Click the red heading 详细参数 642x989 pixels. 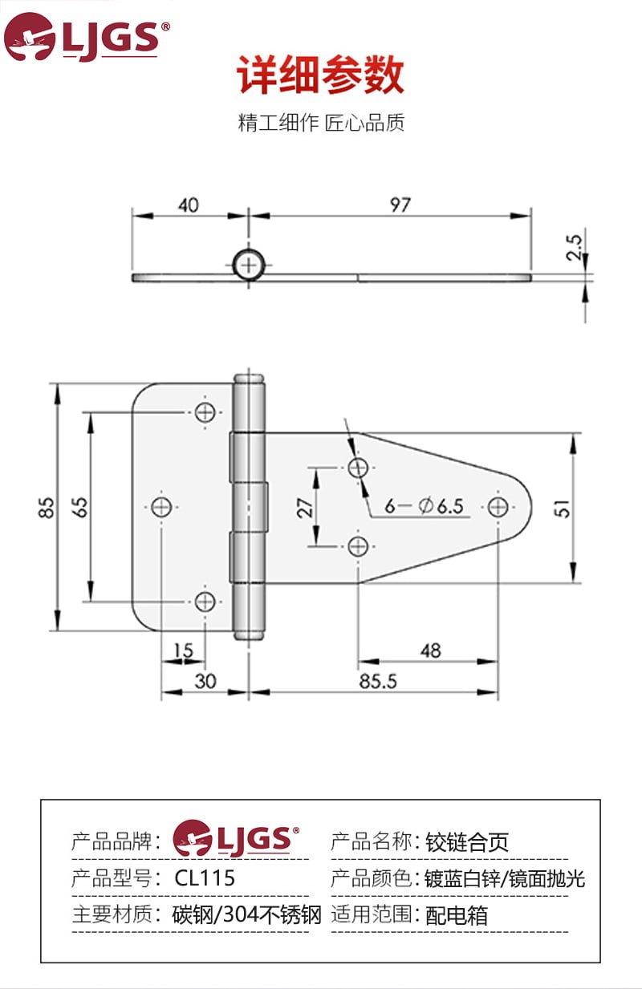(320, 74)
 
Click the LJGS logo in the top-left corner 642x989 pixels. (86, 37)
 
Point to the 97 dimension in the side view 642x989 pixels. (400, 205)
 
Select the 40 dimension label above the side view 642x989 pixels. (189, 205)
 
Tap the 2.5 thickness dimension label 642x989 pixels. (574, 247)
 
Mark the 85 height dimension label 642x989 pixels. (46, 507)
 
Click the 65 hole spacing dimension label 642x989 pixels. (79, 507)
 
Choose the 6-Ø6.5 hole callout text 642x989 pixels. (424, 506)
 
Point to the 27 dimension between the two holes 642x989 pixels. (304, 508)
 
